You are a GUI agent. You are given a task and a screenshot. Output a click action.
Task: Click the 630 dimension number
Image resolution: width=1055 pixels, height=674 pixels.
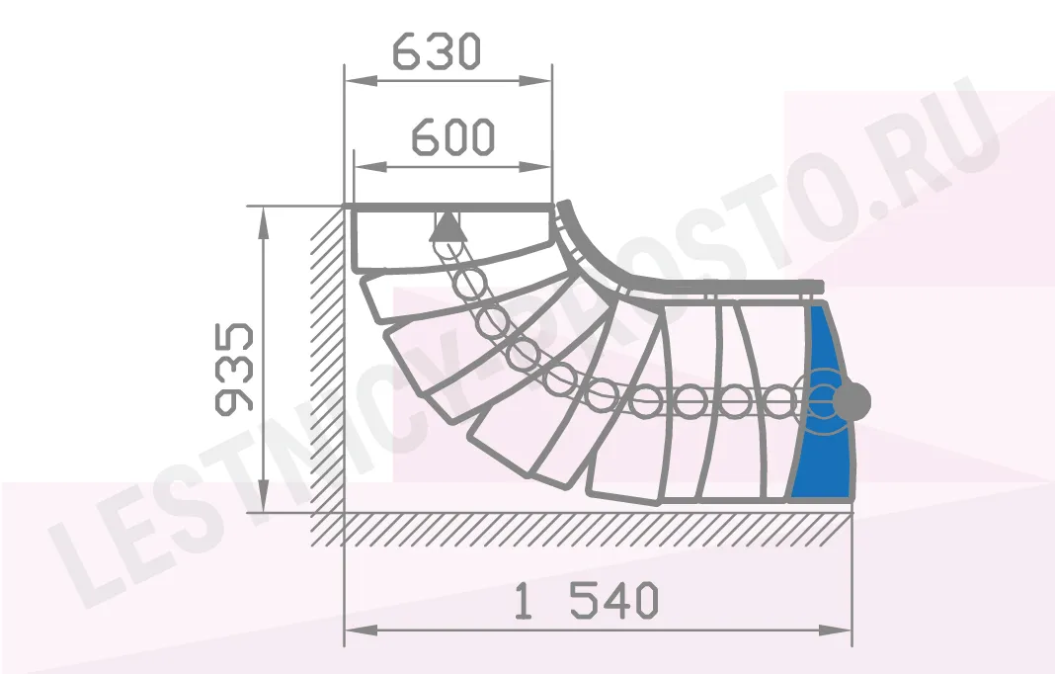tap(437, 51)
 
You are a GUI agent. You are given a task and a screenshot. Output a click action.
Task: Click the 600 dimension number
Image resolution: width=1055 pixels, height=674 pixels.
tap(452, 136)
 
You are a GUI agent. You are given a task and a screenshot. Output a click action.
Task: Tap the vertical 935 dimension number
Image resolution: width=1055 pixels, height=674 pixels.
tap(233, 368)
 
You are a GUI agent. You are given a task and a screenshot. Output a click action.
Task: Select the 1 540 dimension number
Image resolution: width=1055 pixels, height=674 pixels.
tap(586, 600)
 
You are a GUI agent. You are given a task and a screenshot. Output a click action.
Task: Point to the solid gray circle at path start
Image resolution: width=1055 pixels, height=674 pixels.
tap(852, 401)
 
